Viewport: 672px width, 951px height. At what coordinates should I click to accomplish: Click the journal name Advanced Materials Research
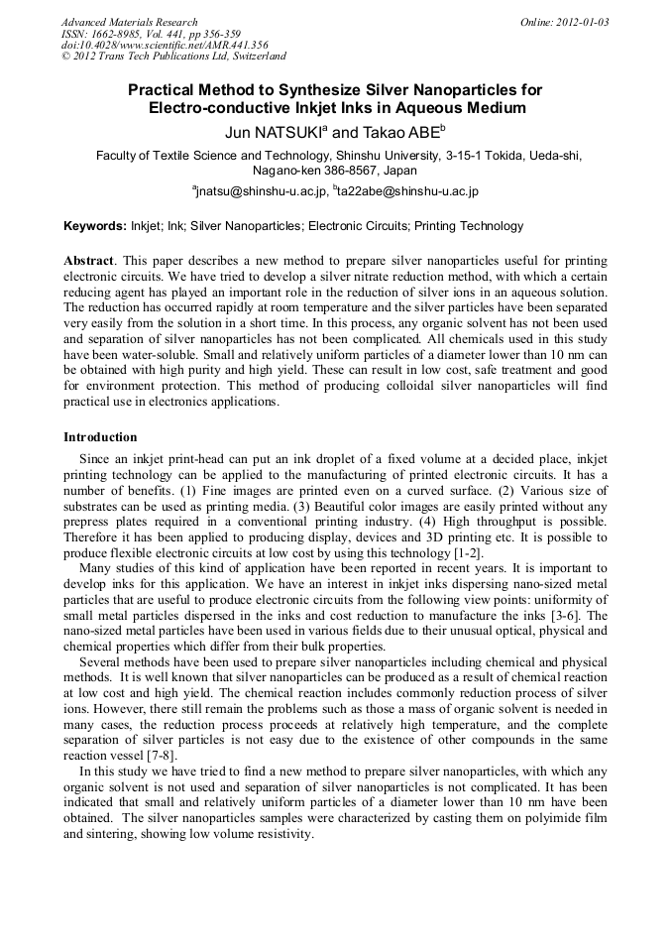point(129,22)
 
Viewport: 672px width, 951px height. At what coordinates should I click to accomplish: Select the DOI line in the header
point(165,45)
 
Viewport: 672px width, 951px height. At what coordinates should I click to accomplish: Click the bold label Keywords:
point(95,226)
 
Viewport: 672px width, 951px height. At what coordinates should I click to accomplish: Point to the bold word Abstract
point(89,260)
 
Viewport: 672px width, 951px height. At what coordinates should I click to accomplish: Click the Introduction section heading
point(100,437)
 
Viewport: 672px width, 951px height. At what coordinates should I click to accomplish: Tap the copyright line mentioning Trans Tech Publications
point(173,57)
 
